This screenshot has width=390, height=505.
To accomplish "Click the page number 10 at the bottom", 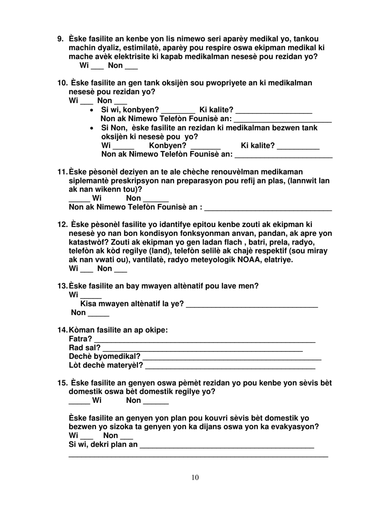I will (x=195, y=477).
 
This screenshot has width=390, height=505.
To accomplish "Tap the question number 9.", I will (x=60, y=39).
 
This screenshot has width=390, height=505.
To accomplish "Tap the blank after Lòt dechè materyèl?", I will (x=230, y=367).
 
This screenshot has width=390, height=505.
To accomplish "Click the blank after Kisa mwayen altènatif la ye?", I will (x=252, y=307).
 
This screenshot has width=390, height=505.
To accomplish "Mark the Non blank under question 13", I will (x=99, y=315).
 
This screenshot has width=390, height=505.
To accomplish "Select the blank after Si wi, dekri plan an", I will (x=227, y=447).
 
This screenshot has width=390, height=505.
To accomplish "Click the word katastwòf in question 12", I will (x=86, y=242).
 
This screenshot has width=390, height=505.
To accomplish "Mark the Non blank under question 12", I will (x=120, y=271).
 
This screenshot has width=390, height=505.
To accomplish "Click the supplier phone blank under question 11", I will (x=268, y=210).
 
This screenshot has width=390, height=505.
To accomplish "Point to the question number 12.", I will (x=62, y=224).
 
